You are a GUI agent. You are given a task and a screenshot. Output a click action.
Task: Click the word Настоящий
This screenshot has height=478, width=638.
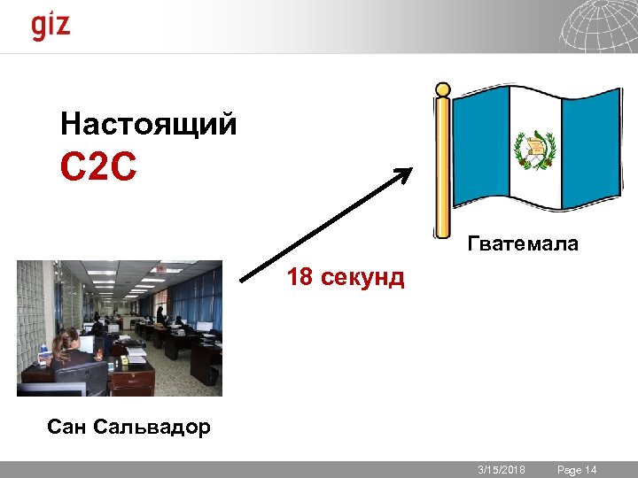(148, 124)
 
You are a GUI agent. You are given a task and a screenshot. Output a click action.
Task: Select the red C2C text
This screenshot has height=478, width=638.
(98, 166)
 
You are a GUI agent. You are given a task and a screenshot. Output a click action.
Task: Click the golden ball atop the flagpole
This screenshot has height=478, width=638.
(442, 89)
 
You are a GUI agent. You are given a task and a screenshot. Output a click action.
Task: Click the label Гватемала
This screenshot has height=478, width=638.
(522, 243)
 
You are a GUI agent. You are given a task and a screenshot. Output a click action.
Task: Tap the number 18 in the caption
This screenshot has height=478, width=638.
(299, 278)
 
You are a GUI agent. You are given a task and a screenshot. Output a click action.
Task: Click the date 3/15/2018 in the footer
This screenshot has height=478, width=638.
(502, 470)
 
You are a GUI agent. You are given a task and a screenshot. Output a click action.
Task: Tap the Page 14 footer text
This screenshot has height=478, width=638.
(577, 470)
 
